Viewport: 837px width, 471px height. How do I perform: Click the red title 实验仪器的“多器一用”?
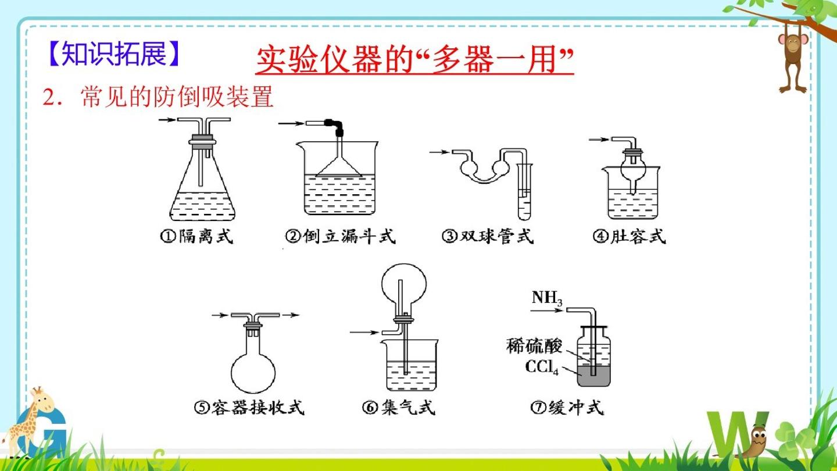point(414,60)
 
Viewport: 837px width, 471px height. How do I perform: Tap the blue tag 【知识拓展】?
point(114,54)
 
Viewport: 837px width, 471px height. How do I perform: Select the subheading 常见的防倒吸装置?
point(177,97)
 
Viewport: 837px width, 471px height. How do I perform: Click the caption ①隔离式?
point(197,236)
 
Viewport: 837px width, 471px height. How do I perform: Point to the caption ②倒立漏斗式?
point(341,236)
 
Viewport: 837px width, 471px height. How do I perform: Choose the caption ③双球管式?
point(488,236)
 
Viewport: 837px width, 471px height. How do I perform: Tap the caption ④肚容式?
point(629,236)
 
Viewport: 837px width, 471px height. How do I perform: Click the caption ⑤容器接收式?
point(249,407)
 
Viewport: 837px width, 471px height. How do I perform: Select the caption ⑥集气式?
point(399,407)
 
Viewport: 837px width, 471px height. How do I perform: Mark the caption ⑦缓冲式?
point(567,407)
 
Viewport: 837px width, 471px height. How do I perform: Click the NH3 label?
point(547,298)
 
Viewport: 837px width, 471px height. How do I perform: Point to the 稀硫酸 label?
point(534,346)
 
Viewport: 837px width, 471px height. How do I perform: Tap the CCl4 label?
point(542,367)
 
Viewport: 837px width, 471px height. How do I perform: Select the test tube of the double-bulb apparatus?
point(524,192)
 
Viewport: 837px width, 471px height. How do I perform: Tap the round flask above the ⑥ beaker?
point(403,286)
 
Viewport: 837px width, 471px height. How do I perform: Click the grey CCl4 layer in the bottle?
point(594,376)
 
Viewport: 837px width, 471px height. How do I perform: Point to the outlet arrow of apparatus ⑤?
point(291,315)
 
